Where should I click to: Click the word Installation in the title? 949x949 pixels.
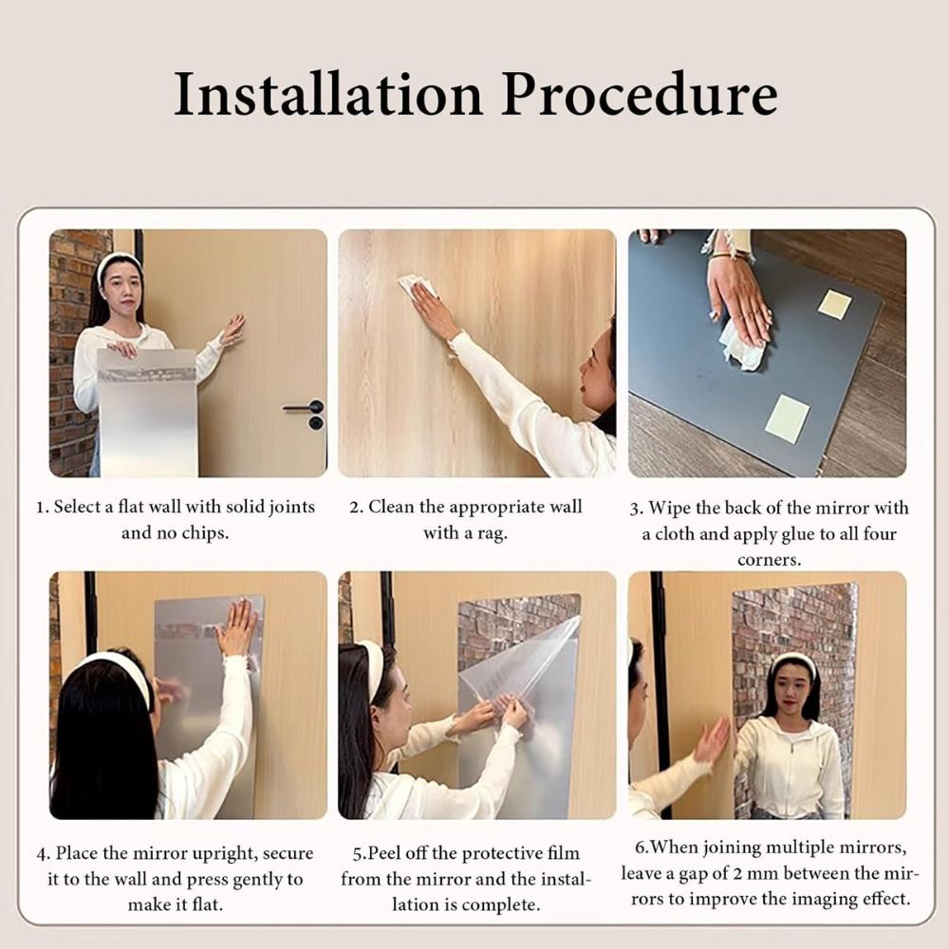click(328, 94)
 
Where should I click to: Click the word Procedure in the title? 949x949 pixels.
click(639, 95)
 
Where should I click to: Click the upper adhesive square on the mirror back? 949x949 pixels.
click(834, 304)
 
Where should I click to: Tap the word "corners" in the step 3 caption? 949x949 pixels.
click(769, 561)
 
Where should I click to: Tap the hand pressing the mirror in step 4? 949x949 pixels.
click(238, 625)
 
